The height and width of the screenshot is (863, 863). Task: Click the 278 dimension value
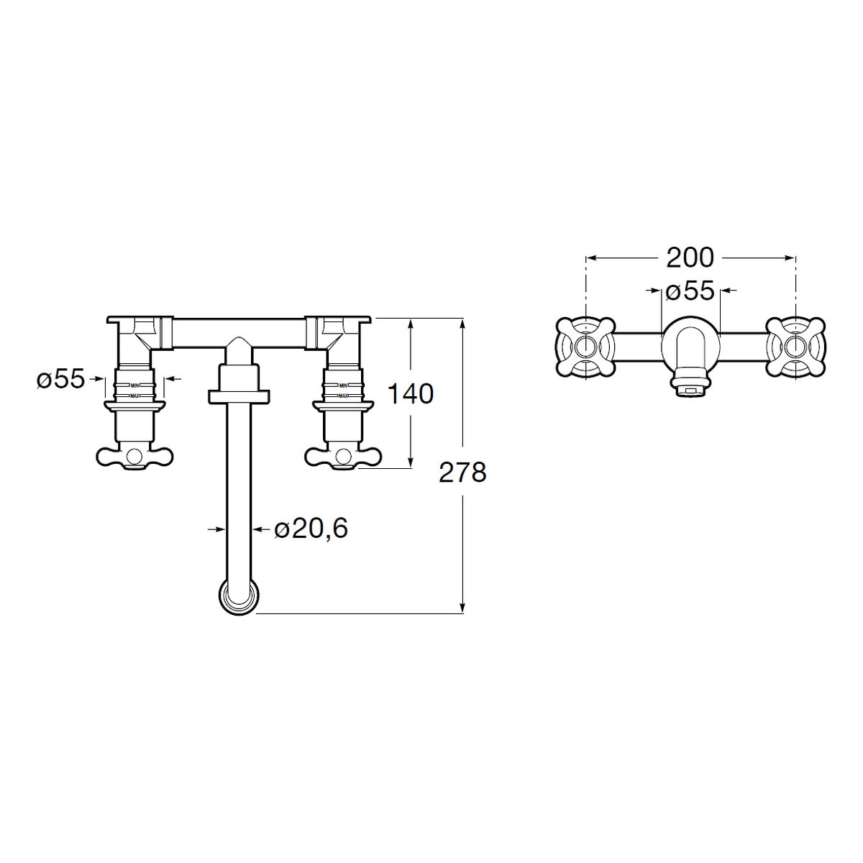point(462,472)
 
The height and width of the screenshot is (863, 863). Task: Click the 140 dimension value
point(410,394)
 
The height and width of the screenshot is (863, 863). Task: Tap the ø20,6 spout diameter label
point(311,529)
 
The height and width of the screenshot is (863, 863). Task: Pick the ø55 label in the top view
point(690,291)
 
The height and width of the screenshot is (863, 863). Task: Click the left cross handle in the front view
point(134,457)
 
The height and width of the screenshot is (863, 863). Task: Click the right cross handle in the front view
point(342,457)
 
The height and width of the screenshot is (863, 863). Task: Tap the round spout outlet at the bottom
point(239,596)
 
